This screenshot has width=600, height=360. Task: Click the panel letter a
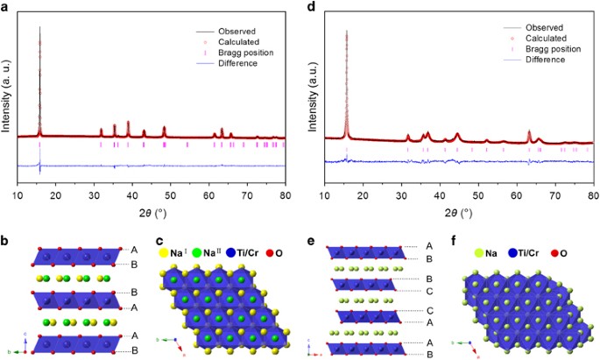pos(6,7)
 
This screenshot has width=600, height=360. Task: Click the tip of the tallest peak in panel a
pos(40,26)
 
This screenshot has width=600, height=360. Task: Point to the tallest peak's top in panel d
pos(347,31)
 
